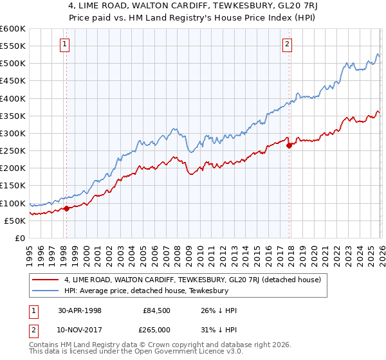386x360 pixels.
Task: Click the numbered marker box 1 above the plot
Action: click(66, 44)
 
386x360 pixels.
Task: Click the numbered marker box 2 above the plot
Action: click(287, 44)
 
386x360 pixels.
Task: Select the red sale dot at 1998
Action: click(66, 208)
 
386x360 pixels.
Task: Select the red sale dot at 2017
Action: click(289, 145)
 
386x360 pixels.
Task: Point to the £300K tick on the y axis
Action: click(13, 134)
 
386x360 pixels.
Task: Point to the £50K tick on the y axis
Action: click(15, 221)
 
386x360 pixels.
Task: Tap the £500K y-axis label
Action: click(13, 64)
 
